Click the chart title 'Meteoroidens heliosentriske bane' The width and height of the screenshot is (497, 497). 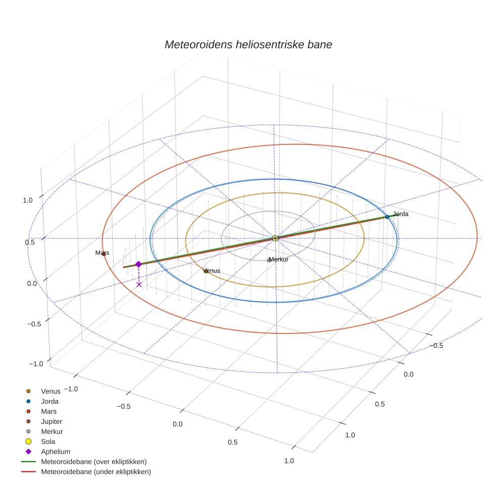point(248,44)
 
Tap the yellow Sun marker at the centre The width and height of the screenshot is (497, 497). point(275,238)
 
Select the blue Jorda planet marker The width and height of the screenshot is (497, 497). point(387,217)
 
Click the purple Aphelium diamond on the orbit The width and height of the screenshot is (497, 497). point(138,264)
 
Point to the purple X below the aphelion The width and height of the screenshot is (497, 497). point(139,285)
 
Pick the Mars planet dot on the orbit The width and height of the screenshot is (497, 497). point(104,254)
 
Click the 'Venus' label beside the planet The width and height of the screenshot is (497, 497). point(212,271)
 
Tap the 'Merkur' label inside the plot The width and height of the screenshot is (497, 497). point(279,259)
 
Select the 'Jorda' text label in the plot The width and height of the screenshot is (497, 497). point(401,214)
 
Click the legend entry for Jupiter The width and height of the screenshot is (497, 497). point(52,421)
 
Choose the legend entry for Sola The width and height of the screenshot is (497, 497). point(48,441)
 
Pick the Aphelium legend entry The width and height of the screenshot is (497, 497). point(55,452)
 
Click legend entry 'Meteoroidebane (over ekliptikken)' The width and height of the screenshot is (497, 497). point(93,462)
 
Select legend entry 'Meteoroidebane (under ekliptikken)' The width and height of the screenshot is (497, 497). point(95,472)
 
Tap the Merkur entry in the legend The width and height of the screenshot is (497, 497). point(52,431)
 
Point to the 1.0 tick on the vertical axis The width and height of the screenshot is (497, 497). point(28,200)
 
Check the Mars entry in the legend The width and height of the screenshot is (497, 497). point(48,411)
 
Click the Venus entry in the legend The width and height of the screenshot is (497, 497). point(51,391)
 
